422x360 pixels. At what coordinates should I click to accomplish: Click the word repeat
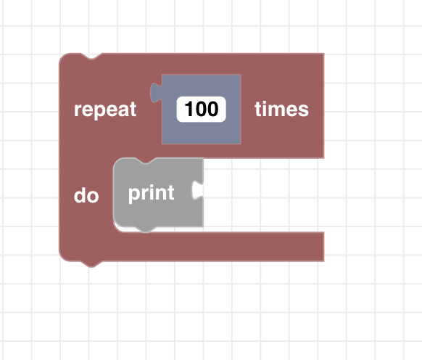105,110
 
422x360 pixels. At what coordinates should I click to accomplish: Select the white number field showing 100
201,109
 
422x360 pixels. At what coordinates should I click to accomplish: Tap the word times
281,109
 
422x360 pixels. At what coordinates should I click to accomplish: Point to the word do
86,195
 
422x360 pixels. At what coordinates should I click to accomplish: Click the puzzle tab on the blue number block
156,93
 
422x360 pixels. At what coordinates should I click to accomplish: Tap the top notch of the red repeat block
91,56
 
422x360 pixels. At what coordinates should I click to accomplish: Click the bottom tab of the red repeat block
91,264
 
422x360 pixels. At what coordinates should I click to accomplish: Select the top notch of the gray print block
145,160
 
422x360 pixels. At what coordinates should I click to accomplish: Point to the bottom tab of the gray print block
145,229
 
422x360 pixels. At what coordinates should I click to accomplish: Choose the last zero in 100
212,109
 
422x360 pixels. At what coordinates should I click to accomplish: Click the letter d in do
80,195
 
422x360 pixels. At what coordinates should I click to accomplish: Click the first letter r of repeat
78,110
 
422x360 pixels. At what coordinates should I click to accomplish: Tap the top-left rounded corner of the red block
64,57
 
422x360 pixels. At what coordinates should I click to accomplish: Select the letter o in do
93,197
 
